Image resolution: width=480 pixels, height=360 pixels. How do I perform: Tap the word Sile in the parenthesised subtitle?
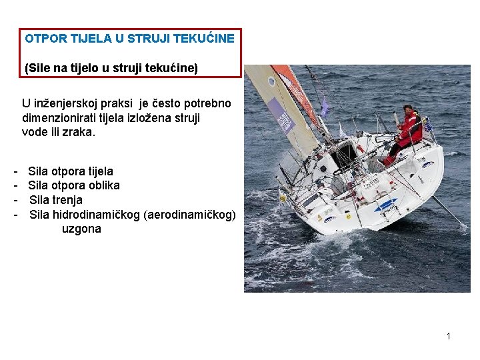tap(39, 68)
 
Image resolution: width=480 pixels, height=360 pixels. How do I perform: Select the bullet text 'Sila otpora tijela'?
tap(71, 171)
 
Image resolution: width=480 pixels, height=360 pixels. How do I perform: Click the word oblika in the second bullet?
tap(103, 185)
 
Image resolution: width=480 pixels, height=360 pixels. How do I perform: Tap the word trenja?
tap(67, 200)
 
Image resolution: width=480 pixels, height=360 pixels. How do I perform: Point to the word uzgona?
tap(81, 229)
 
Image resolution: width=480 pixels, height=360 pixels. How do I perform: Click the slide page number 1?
tap(449, 336)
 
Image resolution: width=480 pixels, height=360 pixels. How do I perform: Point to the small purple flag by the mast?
tap(325, 106)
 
